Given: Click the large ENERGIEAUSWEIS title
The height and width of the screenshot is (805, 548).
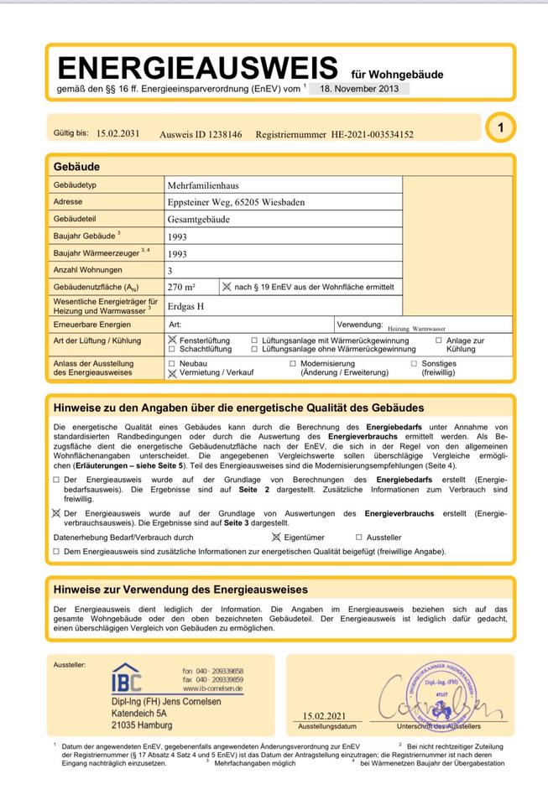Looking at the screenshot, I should (x=196, y=67).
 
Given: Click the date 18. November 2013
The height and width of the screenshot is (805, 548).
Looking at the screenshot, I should (x=358, y=88).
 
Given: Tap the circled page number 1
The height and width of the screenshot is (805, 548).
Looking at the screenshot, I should (x=500, y=128).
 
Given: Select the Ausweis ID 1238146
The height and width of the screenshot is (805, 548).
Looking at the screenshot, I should (x=201, y=134).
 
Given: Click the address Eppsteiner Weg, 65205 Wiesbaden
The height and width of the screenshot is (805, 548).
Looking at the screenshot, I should (x=236, y=202).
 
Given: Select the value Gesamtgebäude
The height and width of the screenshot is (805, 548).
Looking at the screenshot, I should (x=198, y=219).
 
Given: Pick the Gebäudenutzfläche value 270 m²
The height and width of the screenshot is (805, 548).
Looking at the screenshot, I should (x=181, y=287).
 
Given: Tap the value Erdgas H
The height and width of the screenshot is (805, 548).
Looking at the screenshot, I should (x=186, y=306).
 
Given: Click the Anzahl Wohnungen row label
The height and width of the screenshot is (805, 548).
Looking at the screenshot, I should (x=87, y=270).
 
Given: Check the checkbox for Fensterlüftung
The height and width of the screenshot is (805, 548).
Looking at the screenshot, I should (x=172, y=340).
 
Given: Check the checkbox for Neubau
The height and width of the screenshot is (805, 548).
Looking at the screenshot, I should (x=172, y=364).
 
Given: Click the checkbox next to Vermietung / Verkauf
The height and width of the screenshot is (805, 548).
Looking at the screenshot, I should (x=172, y=373).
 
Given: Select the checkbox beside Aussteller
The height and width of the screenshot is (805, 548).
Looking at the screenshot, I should (x=359, y=538).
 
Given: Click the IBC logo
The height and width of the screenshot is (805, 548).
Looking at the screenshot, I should (x=127, y=678).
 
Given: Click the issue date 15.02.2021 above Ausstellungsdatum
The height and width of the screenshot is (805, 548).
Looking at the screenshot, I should (x=323, y=716).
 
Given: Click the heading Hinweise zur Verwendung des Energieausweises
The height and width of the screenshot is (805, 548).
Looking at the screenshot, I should (x=180, y=589).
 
